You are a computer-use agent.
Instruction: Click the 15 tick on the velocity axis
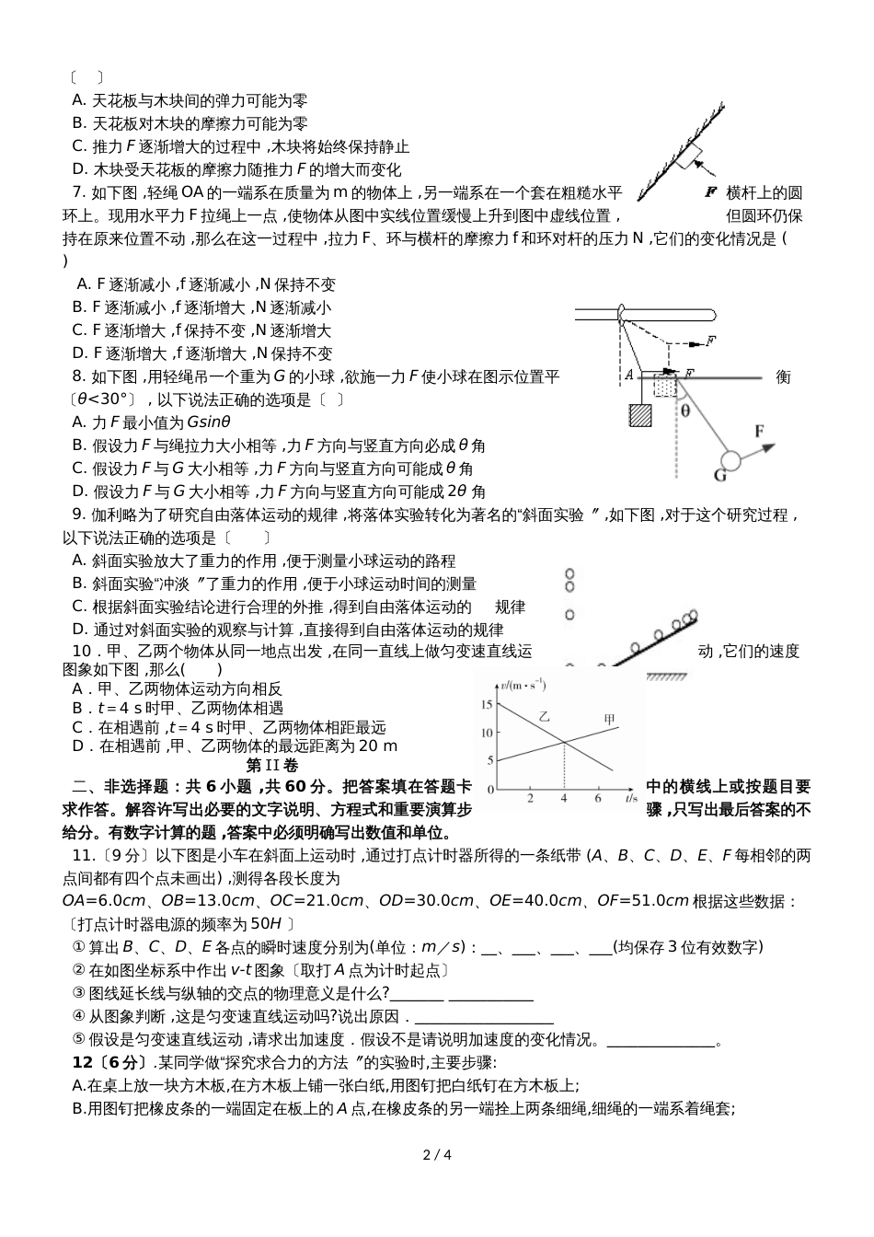point(486,704)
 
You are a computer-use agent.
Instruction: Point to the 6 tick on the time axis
point(598,799)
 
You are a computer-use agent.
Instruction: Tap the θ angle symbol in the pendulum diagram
point(684,411)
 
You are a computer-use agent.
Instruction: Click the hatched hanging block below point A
point(638,417)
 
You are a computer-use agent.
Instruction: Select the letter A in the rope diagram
point(628,376)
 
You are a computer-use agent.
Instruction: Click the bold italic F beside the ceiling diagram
point(709,192)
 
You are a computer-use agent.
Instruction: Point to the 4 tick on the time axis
point(564,799)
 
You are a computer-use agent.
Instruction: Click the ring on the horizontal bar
point(623,315)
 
